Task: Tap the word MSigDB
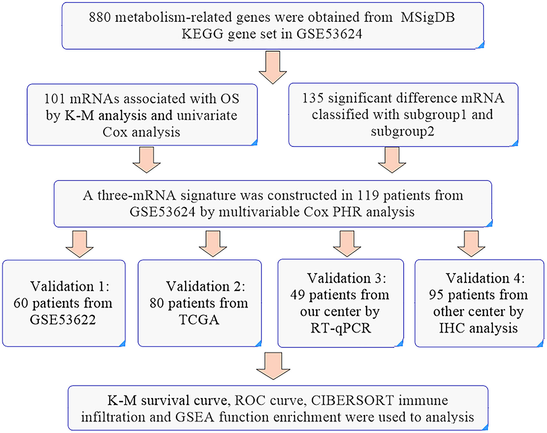(x=428, y=17)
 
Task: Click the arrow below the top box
(x=273, y=68)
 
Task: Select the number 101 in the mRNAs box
(x=55, y=99)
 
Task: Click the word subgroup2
(x=402, y=132)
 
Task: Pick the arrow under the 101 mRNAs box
(x=147, y=160)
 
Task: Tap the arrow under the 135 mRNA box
(x=392, y=160)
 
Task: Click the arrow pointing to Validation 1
(x=79, y=244)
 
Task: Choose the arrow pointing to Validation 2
(x=213, y=244)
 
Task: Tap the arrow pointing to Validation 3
(x=347, y=244)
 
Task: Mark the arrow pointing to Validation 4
(x=471, y=244)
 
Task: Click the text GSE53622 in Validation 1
(x=63, y=320)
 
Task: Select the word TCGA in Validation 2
(x=199, y=320)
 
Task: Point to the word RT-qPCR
(x=341, y=328)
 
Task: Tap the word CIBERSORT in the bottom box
(x=352, y=400)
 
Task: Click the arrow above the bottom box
(x=273, y=366)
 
